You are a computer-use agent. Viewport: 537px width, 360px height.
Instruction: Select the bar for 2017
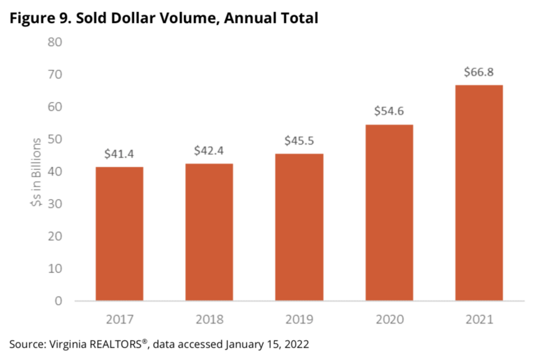pyautogui.click(x=120, y=234)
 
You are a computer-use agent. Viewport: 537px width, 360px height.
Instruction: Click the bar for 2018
pyautogui.click(x=209, y=232)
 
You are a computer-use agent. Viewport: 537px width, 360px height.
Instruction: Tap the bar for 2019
pyautogui.click(x=299, y=227)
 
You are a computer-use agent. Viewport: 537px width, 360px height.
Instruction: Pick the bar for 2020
pyautogui.click(x=389, y=213)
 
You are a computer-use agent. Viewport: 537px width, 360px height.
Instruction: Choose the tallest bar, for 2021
pyautogui.click(x=479, y=193)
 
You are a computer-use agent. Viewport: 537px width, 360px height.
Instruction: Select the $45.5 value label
pyautogui.click(x=299, y=141)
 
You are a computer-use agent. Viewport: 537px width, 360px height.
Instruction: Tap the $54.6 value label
pyautogui.click(x=389, y=112)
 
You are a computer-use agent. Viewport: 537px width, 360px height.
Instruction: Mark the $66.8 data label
pyautogui.click(x=479, y=72)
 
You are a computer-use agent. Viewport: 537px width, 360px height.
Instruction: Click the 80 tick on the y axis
pyautogui.click(x=55, y=42)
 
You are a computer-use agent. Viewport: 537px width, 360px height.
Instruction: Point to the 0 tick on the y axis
pyautogui.click(x=59, y=301)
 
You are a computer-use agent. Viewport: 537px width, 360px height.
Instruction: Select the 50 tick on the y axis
pyautogui.click(x=55, y=139)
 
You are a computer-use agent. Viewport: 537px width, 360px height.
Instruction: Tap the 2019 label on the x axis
pyautogui.click(x=299, y=319)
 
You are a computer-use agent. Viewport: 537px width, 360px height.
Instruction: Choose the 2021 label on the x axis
pyautogui.click(x=479, y=319)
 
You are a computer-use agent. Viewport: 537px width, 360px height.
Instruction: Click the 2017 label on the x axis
pyautogui.click(x=120, y=319)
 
